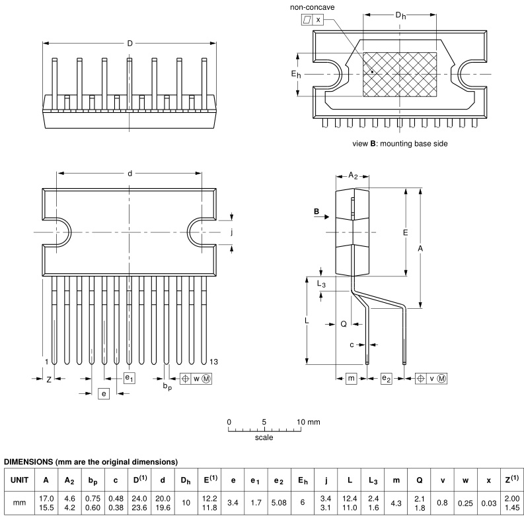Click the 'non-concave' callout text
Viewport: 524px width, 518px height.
pos(312,7)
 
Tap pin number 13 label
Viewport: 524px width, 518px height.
pos(213,362)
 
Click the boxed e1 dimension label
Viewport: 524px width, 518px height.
pos(130,378)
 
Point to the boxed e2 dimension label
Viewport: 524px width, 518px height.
pos(387,378)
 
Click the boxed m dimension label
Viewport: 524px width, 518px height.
pos(352,378)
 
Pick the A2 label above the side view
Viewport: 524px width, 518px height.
pos(353,176)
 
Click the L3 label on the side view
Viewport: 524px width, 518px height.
pos(321,283)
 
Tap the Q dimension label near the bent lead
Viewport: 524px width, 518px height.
pos(344,324)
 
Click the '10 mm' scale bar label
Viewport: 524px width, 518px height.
pos(309,421)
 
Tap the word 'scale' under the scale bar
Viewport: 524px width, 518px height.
pos(264,437)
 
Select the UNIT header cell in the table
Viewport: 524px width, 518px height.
pos(19,480)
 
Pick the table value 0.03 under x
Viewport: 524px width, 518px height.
pos(488,502)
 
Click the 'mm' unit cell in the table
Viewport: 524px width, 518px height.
pos(19,502)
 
